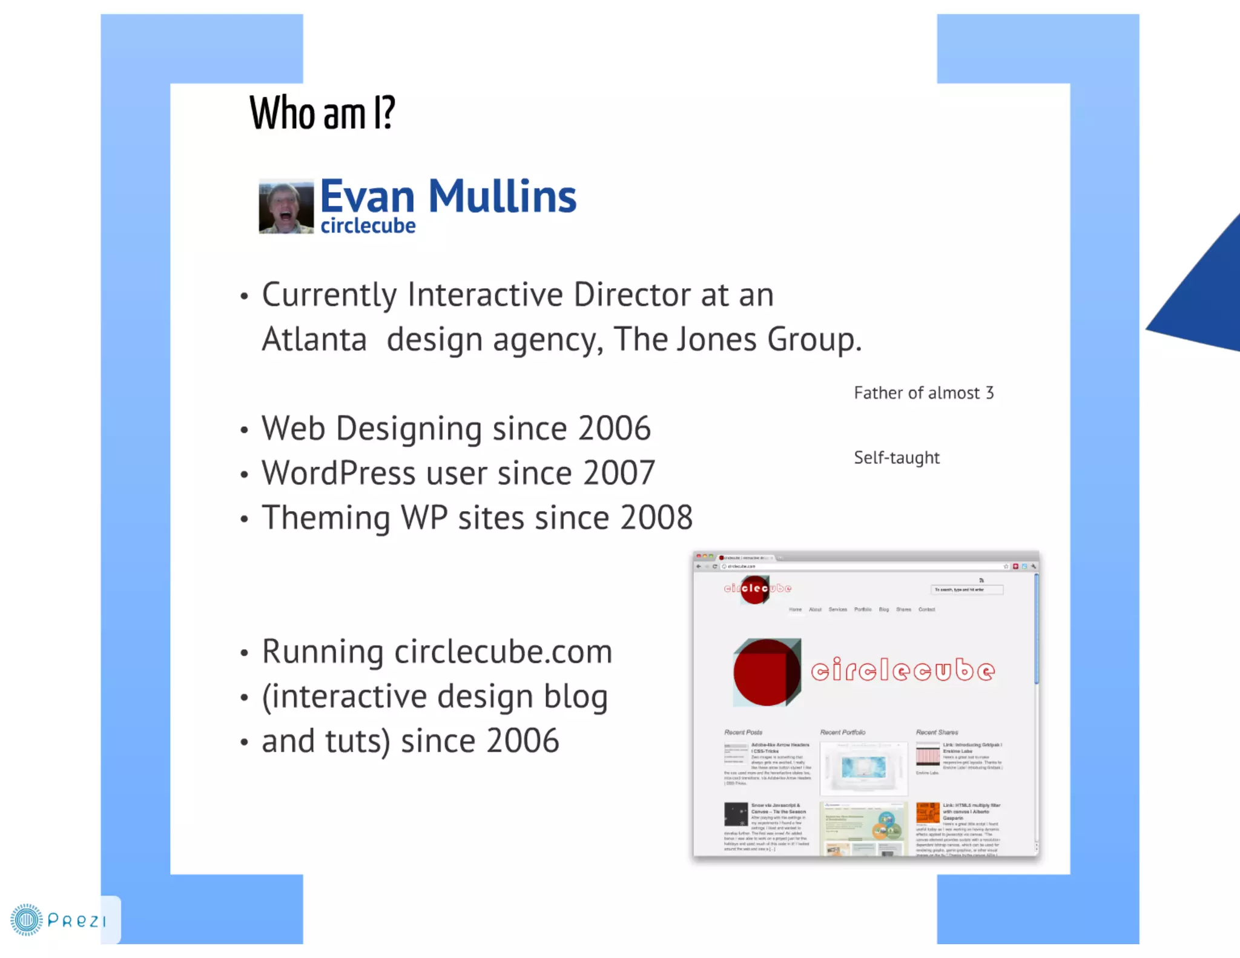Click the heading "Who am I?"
pyautogui.click(x=322, y=113)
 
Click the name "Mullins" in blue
pyautogui.click(x=502, y=197)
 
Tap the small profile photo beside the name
pyautogui.click(x=286, y=206)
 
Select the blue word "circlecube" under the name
pyautogui.click(x=368, y=226)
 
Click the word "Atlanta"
pyautogui.click(x=314, y=339)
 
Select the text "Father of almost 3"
pyautogui.click(x=923, y=393)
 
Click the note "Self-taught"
pyautogui.click(x=896, y=458)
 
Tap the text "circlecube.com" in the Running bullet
pyautogui.click(x=503, y=652)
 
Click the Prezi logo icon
pyautogui.click(x=26, y=920)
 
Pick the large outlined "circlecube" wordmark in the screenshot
pyautogui.click(x=902, y=670)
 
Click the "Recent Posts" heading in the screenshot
pyautogui.click(x=743, y=732)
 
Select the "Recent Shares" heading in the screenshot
pyautogui.click(x=937, y=732)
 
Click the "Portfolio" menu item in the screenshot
pyautogui.click(x=863, y=609)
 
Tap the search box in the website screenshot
pyautogui.click(x=966, y=589)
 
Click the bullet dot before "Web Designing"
pyautogui.click(x=244, y=430)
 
